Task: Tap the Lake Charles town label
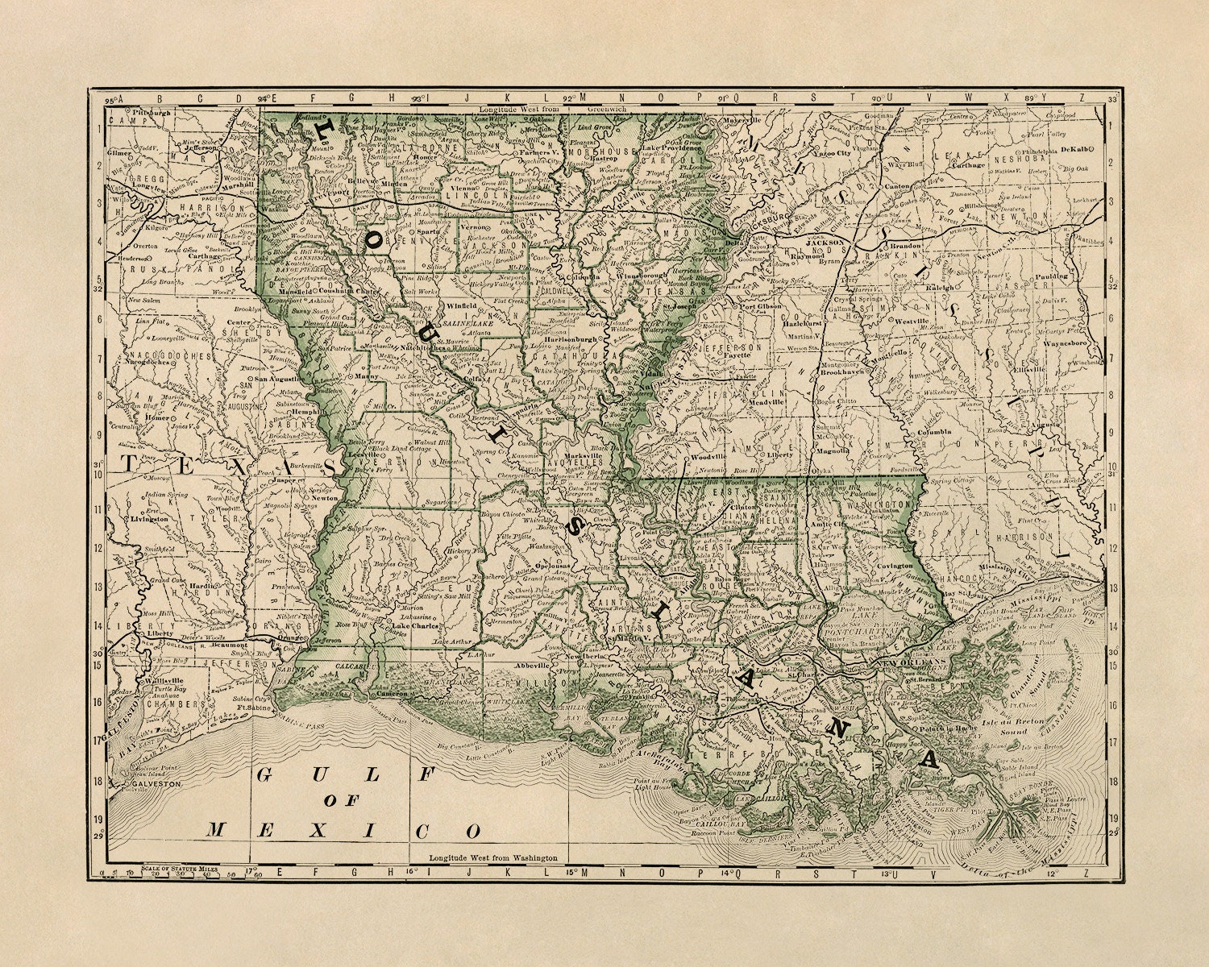coord(413,625)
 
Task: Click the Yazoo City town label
coord(833,152)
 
